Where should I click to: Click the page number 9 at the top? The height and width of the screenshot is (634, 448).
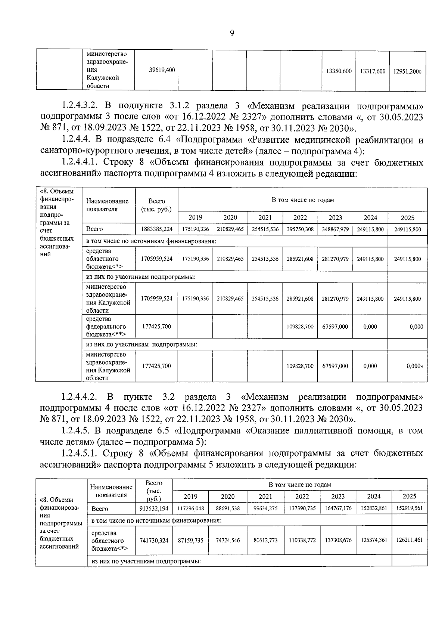(232, 33)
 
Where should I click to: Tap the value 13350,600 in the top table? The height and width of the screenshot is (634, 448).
(339, 71)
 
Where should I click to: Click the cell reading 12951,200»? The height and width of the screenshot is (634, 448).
(407, 71)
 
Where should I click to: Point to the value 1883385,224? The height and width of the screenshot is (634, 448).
(157, 229)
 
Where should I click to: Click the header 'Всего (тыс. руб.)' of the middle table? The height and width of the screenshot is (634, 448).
(157, 205)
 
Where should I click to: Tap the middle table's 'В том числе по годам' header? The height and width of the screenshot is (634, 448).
(302, 200)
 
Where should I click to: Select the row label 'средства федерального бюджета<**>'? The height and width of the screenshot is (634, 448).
(106, 327)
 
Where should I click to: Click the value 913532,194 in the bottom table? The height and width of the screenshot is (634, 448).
(154, 508)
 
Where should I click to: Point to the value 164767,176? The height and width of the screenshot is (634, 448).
(337, 508)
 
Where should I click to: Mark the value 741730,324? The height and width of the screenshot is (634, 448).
(154, 540)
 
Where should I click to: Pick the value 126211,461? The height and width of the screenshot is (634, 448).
(409, 540)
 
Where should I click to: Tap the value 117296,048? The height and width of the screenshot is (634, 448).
(190, 508)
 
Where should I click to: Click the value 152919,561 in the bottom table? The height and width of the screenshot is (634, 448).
(409, 508)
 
